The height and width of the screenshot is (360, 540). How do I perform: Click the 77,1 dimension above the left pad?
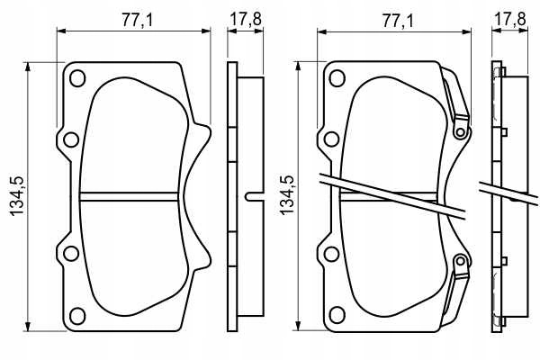137,21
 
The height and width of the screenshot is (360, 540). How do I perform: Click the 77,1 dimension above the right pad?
398,22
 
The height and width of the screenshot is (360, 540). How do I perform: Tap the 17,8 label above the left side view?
246,19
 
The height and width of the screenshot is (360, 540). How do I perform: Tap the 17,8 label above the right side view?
510,19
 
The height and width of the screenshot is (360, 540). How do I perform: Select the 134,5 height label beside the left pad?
17,196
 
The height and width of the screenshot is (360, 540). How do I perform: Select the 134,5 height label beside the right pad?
287,195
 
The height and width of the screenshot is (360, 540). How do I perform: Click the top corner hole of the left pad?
77,78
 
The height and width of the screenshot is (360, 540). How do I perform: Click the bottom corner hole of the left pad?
77,316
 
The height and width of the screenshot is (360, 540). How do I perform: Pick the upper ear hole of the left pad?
71,139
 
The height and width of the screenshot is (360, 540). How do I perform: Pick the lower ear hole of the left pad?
71,254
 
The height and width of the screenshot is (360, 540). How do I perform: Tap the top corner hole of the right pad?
337,78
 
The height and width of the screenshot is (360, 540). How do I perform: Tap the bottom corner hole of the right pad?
337,315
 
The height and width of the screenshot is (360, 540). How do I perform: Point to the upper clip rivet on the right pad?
461,131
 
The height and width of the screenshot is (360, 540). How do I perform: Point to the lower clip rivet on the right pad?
461,261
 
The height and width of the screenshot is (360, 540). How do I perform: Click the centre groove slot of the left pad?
129,197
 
